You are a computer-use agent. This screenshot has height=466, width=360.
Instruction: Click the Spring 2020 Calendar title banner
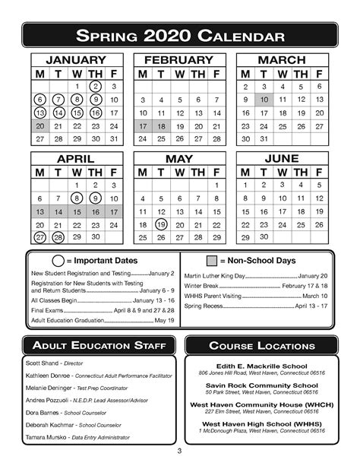pyautogui.click(x=180, y=36)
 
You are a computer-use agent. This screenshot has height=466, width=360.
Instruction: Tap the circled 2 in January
pyautogui.click(x=95, y=87)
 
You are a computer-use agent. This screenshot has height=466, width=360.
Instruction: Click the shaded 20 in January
pyautogui.click(x=39, y=126)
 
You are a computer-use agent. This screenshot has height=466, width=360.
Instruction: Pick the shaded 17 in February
pyautogui.click(x=142, y=126)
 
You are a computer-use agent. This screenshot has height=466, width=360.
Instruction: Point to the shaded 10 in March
pyautogui.click(x=264, y=100)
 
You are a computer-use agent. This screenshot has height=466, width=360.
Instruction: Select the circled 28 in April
pyautogui.click(x=58, y=238)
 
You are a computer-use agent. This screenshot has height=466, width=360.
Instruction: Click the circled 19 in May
pyautogui.click(x=160, y=225)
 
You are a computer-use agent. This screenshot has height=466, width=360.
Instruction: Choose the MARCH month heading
pyautogui.click(x=282, y=60)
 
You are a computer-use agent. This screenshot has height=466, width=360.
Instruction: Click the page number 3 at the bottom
pyautogui.click(x=180, y=456)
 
